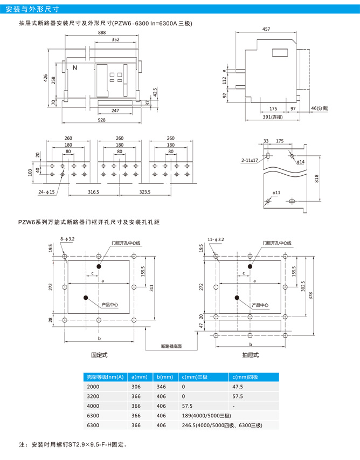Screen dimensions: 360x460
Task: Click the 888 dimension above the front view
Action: click(x=102, y=32)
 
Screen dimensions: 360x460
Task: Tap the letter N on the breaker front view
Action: click(x=75, y=68)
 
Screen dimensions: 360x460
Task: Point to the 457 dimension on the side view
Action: click(x=266, y=29)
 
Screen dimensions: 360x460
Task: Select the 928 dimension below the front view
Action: click(x=101, y=120)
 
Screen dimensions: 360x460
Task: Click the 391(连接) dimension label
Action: click(x=272, y=117)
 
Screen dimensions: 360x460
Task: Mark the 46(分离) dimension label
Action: click(x=320, y=108)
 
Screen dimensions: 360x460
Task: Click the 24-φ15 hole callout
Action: click(x=46, y=192)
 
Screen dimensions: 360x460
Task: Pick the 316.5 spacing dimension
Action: click(x=94, y=192)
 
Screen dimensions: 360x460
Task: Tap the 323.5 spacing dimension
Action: click(x=145, y=192)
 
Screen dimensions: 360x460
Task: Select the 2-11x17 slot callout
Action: click(x=250, y=160)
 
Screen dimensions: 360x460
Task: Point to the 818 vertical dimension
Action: click(x=316, y=178)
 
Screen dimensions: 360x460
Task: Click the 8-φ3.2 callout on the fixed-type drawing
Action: click(x=67, y=239)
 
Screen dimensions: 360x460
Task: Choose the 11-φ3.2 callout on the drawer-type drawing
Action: click(x=216, y=239)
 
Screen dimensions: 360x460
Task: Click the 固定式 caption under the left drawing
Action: click(x=99, y=355)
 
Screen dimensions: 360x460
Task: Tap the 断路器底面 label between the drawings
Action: click(x=171, y=346)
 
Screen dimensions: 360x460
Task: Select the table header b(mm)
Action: click(x=165, y=377)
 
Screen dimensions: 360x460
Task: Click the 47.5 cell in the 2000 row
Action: click(x=238, y=387)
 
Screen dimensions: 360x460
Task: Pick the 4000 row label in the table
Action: click(x=93, y=406)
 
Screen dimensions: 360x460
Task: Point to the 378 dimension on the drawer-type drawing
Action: click(x=311, y=296)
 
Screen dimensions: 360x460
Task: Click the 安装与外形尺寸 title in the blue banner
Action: click(x=32, y=9)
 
